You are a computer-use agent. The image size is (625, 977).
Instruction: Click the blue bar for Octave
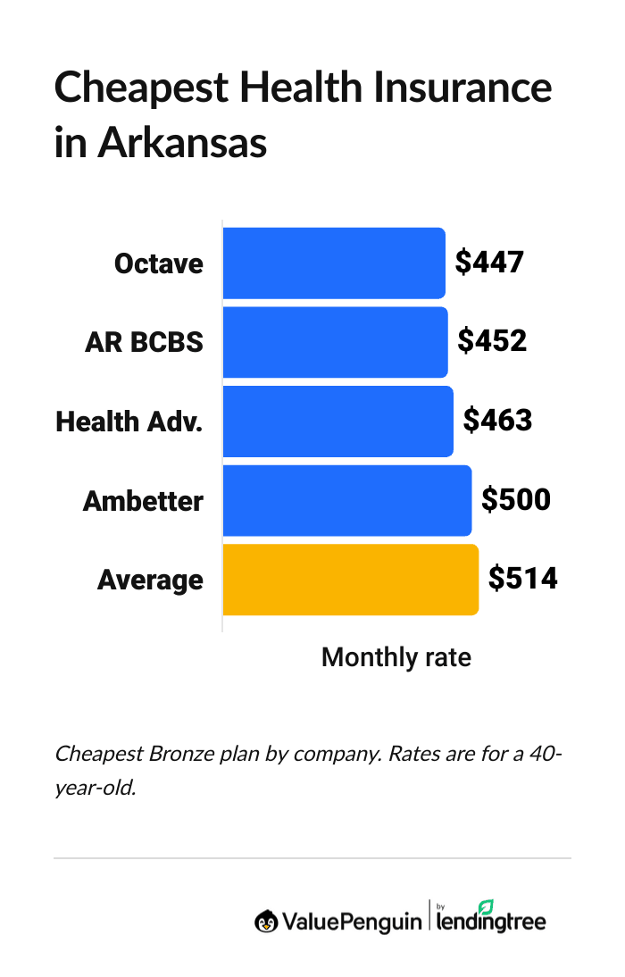pyautogui.click(x=333, y=263)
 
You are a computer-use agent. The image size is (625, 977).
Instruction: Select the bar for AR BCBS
pyautogui.click(x=335, y=342)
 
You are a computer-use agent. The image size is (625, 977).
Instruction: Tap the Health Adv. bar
pyautogui.click(x=337, y=422)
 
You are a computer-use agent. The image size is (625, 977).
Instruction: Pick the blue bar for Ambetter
pyautogui.click(x=346, y=500)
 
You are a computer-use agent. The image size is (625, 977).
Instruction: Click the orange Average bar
pyautogui.click(x=350, y=580)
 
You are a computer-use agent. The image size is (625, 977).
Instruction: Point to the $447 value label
pyautogui.click(x=488, y=263)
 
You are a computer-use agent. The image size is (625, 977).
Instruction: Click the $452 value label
pyautogui.click(x=491, y=341)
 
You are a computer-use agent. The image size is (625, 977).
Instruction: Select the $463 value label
pyautogui.click(x=497, y=421)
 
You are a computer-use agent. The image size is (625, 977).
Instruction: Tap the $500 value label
pyautogui.click(x=515, y=499)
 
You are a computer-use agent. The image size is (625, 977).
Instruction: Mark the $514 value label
pyautogui.click(x=522, y=579)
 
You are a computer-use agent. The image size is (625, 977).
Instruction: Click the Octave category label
pyautogui.click(x=159, y=264)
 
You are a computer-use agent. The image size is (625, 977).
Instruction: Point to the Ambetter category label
pyautogui.click(x=143, y=501)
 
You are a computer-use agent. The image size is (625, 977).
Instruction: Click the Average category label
pyautogui.click(x=150, y=580)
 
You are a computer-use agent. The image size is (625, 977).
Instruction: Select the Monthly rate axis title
pyautogui.click(x=396, y=658)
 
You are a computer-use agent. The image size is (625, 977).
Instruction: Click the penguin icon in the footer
pyautogui.click(x=265, y=921)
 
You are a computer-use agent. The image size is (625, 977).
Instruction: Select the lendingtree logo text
pyautogui.click(x=492, y=921)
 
